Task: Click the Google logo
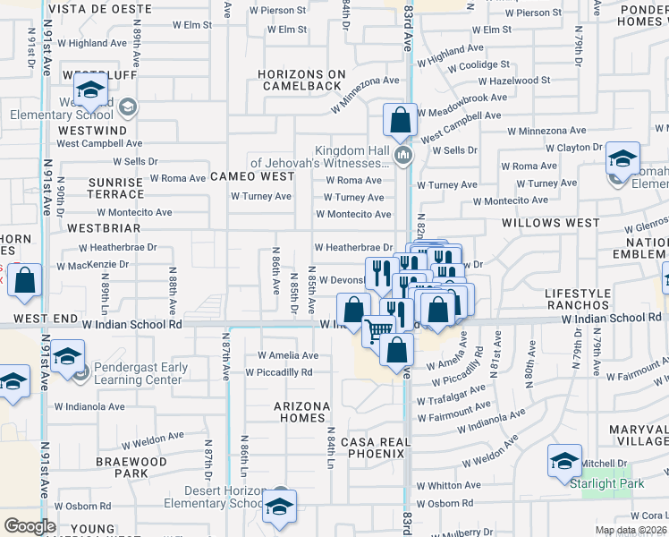coord(30,525)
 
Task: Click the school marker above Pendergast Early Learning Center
coord(67,357)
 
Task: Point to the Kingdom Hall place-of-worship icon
coord(403,158)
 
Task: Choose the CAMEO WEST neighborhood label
coord(252,176)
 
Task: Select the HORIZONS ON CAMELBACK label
coord(300,80)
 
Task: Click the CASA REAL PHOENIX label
coord(373,447)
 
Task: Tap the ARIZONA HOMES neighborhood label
coord(301,413)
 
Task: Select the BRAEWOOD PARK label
coord(132,467)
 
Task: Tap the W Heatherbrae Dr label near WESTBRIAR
coord(117,246)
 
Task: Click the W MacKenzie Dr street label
coord(92,266)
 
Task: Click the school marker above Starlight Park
coord(564,461)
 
